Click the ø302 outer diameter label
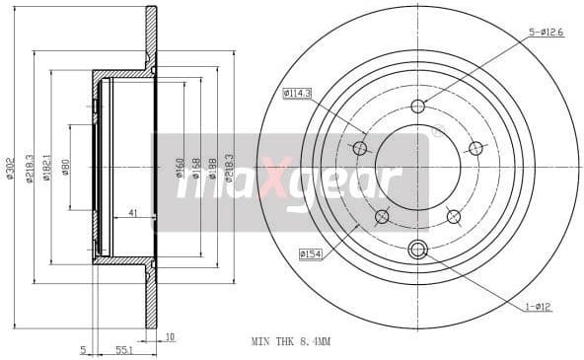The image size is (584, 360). [10, 169]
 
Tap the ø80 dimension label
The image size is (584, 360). [65, 169]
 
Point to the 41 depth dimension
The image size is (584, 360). [133, 213]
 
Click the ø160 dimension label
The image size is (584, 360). [180, 167]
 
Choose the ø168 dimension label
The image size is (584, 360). [196, 167]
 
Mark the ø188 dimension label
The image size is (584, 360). [212, 167]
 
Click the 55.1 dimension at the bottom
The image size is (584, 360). [124, 349]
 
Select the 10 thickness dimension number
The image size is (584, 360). [170, 337]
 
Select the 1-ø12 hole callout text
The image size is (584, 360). [539, 307]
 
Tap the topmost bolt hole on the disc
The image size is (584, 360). [417, 107]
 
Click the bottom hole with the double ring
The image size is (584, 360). [417, 250]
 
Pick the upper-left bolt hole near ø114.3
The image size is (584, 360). [360, 148]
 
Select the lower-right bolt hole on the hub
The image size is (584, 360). [453, 216]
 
